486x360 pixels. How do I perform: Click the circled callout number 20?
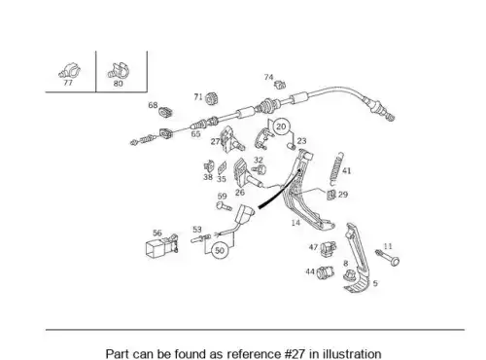pos(281,126)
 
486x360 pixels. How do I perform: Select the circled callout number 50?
pos(220,250)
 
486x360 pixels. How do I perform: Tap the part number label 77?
pos(68,83)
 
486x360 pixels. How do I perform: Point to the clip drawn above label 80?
pos(118,71)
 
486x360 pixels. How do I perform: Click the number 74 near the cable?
pos(268,77)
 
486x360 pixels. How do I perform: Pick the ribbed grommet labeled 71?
pos(212,98)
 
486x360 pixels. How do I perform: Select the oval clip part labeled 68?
pos(165,112)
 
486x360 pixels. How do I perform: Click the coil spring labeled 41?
pos(336,168)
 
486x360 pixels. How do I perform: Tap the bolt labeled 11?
pos(388,258)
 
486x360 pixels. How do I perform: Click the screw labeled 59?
pos(224,206)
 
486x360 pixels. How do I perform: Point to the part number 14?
pos(295,223)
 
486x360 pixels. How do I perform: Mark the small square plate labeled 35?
pos(222,168)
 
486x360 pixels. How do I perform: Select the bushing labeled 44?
pos(325,272)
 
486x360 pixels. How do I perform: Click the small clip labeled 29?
pos(331,195)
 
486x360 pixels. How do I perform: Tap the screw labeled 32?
pos(259,169)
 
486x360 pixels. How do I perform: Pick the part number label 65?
pos(195,134)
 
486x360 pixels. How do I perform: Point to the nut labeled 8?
pos(349,275)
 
